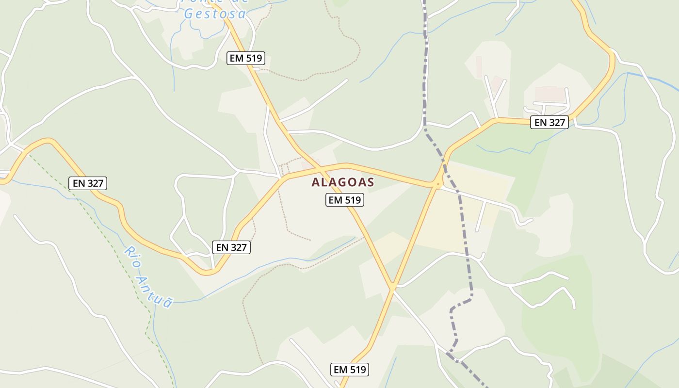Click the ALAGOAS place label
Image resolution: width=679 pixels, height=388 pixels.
pyautogui.click(x=343, y=182)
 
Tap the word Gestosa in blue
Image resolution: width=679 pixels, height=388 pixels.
pyautogui.click(x=215, y=14)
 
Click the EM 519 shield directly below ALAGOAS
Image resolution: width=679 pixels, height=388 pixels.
pyautogui.click(x=344, y=199)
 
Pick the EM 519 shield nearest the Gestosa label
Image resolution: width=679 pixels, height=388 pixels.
pyautogui.click(x=246, y=58)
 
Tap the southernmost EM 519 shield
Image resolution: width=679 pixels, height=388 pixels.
pyautogui.click(x=350, y=370)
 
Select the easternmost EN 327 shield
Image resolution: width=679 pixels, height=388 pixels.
pyautogui.click(x=549, y=122)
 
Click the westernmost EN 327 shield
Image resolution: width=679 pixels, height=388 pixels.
pyautogui.click(x=87, y=183)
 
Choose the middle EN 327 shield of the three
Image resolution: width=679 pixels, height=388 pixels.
pyautogui.click(x=231, y=247)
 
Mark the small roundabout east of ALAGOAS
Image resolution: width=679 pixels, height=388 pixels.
pyautogui.click(x=438, y=184)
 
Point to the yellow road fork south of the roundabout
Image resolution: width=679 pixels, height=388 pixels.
pyautogui.click(x=392, y=287)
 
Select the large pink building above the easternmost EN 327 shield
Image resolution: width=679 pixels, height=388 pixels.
pyautogui.click(x=550, y=94)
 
